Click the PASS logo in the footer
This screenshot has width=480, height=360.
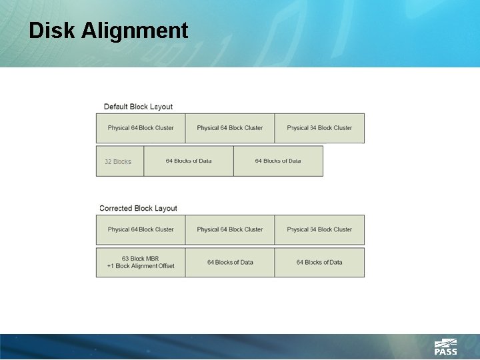coord(445,347)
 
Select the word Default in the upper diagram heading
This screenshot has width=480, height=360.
coord(116,107)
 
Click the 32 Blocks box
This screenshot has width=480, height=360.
coord(119,161)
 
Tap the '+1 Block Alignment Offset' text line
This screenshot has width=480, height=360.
coord(141,266)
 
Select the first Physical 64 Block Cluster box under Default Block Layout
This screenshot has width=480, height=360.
coord(141,128)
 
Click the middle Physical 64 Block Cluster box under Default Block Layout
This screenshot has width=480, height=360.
coord(230,128)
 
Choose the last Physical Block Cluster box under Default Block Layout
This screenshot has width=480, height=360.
coord(319,128)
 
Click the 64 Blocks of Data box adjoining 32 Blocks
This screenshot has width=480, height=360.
coord(189,161)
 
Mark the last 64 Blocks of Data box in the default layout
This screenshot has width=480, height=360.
coord(278,161)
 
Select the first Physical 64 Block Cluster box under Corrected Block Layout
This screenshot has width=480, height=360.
coord(141,229)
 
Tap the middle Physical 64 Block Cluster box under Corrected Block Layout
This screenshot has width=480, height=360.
coord(230,229)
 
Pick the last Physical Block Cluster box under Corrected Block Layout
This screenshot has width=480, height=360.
coord(319,229)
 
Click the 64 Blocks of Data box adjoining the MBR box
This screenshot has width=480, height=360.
coord(230,263)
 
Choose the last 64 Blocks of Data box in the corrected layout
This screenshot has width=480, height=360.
coord(319,263)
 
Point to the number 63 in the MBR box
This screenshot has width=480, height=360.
coord(125,259)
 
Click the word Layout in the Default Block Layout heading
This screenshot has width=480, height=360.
coord(161,107)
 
